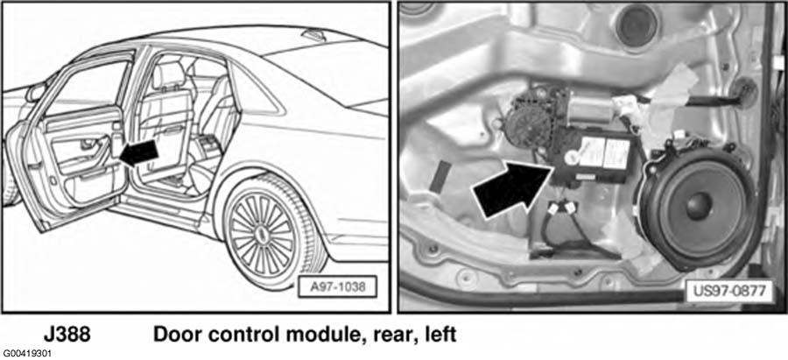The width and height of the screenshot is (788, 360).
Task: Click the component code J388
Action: pos(67,335)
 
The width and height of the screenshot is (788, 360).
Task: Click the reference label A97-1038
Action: pos(337,287)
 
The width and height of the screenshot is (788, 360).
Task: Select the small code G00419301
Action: pos(25,354)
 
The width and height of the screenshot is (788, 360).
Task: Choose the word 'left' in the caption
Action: pos(439,335)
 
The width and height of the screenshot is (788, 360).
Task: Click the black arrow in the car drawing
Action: pos(140,153)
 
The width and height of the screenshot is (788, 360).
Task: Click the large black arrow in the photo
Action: pos(512,187)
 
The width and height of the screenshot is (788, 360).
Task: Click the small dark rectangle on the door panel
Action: pos(440,176)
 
